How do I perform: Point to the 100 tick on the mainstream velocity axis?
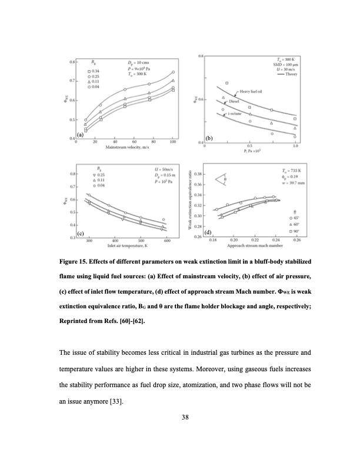[x=173, y=141]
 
